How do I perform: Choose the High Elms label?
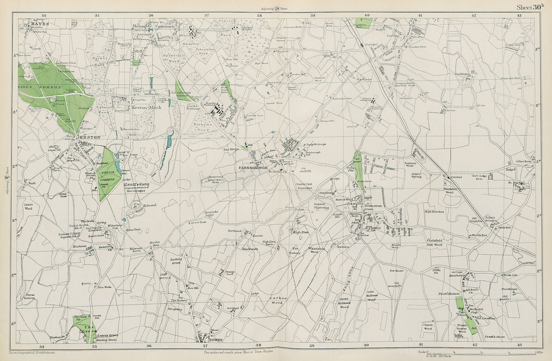(300, 233)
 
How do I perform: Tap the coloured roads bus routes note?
(238, 352)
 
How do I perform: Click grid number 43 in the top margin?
(519, 16)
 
